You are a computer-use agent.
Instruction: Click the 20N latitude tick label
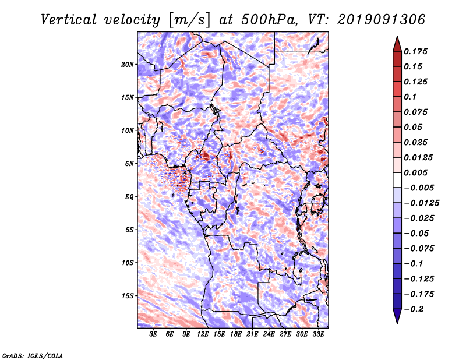coord(128,64)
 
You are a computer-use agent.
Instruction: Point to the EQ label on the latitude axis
coord(129,197)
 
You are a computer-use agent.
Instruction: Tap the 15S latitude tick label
coord(128,296)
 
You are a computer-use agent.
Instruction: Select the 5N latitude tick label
coord(129,164)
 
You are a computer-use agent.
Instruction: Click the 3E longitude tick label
coord(154,334)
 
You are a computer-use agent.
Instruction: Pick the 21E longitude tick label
coord(252,334)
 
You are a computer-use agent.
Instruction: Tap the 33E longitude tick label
coord(318,334)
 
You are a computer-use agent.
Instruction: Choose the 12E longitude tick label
coord(203,334)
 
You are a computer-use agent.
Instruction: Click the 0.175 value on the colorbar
coord(416,51)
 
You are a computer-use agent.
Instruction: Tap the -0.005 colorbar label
coord(419,188)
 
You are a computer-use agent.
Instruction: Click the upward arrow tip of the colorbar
coord(397,38)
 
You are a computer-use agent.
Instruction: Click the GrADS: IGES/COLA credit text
coord(32,355)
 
